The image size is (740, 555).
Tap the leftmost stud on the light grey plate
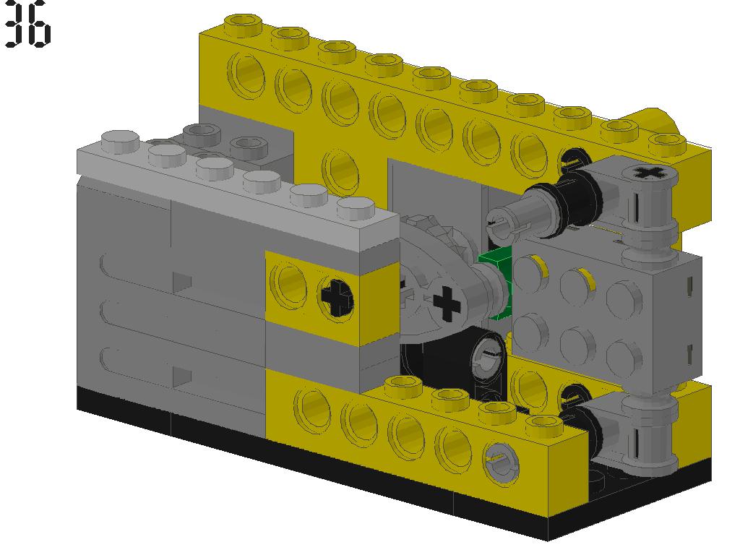point(120,140)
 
